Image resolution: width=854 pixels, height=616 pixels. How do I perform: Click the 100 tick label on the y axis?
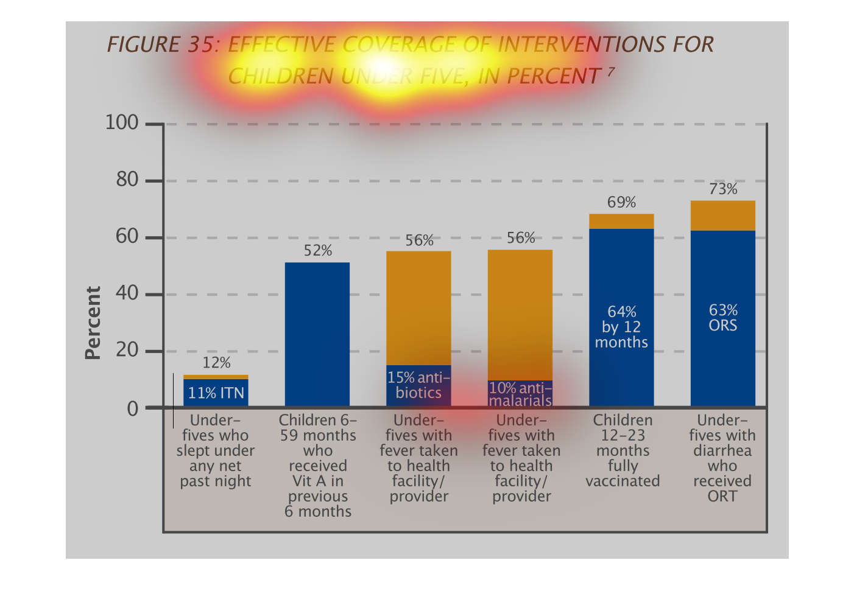coord(122,122)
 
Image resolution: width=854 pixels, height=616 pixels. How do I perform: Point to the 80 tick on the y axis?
coord(127,180)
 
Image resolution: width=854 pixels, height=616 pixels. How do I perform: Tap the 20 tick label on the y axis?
coord(127,350)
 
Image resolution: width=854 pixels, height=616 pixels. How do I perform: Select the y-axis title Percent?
coord(93,323)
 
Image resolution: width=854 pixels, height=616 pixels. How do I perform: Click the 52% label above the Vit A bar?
coord(317,251)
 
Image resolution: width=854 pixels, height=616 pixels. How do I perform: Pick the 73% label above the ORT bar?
coord(723,189)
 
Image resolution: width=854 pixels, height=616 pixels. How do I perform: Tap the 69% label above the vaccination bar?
coord(621,202)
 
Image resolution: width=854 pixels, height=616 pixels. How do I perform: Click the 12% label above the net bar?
coord(216,363)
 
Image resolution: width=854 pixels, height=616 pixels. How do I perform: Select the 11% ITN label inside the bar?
coord(216,393)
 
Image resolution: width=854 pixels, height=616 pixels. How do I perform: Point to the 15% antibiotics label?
coord(418,385)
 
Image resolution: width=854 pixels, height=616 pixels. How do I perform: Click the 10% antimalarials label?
coord(520,394)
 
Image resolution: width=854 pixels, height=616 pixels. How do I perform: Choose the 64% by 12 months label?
coord(621,327)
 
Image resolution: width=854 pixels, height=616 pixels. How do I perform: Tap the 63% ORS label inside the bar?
coord(723,318)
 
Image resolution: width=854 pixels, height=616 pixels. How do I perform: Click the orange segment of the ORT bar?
coord(723,215)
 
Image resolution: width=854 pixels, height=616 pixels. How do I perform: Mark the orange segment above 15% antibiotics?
coord(418,307)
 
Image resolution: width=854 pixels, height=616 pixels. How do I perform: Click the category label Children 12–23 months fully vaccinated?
coord(623,450)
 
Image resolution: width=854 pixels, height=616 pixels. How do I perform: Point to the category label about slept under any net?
coord(216,450)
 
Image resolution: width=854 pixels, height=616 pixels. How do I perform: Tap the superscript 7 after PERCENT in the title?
coord(610,71)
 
